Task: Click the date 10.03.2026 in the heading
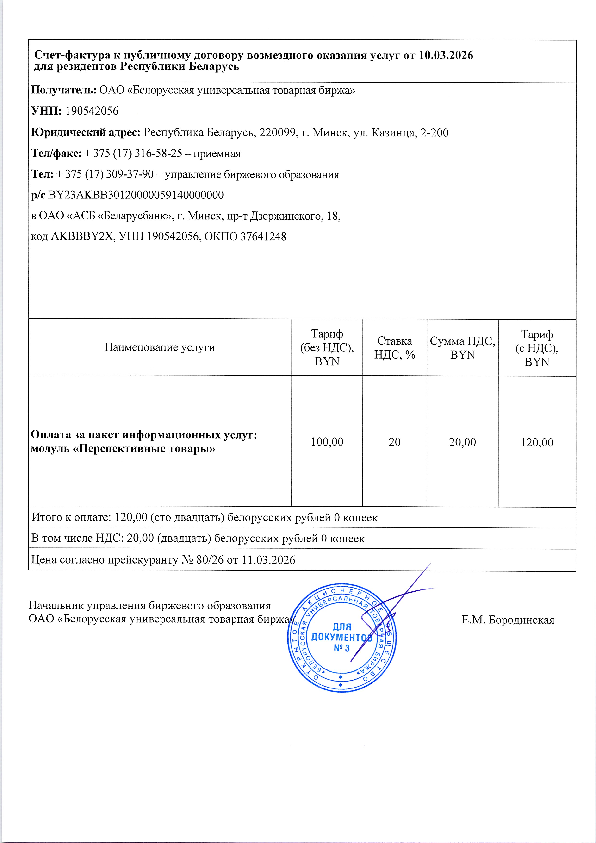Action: click(446, 56)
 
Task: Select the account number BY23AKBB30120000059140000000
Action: click(136, 195)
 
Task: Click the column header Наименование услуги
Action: click(160, 347)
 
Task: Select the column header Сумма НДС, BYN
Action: click(462, 348)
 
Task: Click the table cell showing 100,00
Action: click(327, 442)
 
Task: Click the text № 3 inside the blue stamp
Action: click(341, 648)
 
